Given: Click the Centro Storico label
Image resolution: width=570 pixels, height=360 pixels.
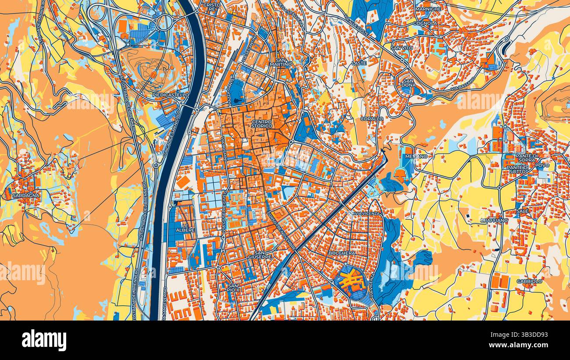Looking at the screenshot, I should [262, 124].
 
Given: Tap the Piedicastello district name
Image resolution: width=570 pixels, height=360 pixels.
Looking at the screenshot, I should [171, 95].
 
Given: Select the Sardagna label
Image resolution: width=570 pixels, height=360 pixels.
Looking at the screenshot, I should [26, 196].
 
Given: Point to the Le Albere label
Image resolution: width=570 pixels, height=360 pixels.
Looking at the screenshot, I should [185, 227].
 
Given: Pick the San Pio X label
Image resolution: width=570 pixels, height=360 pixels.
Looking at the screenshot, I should [233, 287].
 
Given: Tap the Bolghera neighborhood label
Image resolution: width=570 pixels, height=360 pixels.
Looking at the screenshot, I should [342, 253].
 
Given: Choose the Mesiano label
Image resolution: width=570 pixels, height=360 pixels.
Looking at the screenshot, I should [416, 156].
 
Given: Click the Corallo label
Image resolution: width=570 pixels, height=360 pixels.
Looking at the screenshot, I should [371, 119].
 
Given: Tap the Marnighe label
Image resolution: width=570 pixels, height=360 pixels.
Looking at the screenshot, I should [428, 9].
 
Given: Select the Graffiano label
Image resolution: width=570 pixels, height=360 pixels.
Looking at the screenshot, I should [494, 221].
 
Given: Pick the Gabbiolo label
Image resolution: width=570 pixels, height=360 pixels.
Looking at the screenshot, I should [529, 281].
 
